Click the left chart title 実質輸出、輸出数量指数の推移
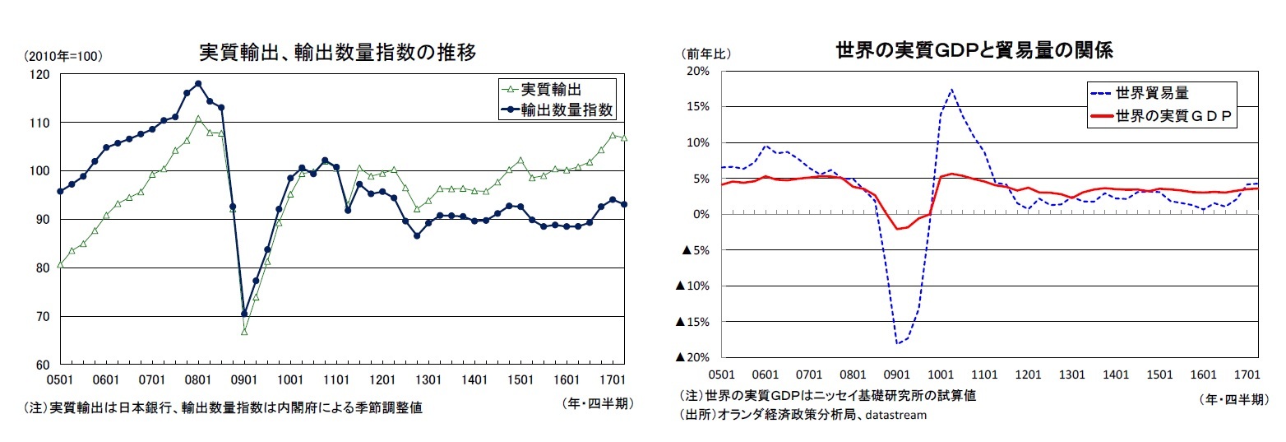click(338, 52)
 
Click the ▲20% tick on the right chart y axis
click(693, 357)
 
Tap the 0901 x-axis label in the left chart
click(244, 379)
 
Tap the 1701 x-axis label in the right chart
click(1247, 373)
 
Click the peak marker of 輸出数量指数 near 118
click(198, 84)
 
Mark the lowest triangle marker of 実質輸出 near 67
click(244, 331)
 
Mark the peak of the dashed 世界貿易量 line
click(951, 89)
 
